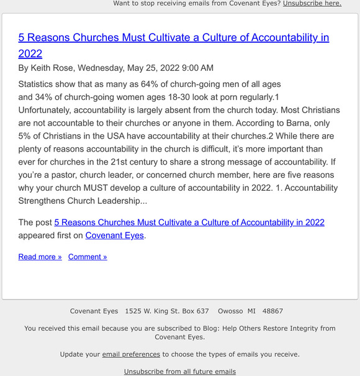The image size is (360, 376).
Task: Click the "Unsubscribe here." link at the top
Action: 312,3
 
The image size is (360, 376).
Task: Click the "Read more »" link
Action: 40,257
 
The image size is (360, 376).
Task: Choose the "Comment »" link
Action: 88,257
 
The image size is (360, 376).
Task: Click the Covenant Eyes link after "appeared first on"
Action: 115,236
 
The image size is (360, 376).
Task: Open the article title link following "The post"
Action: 189,222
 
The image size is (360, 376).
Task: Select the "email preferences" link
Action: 131,354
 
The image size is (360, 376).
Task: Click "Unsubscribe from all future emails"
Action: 180,372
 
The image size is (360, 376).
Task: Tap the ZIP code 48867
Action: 273,311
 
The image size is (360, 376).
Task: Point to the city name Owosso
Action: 230,311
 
